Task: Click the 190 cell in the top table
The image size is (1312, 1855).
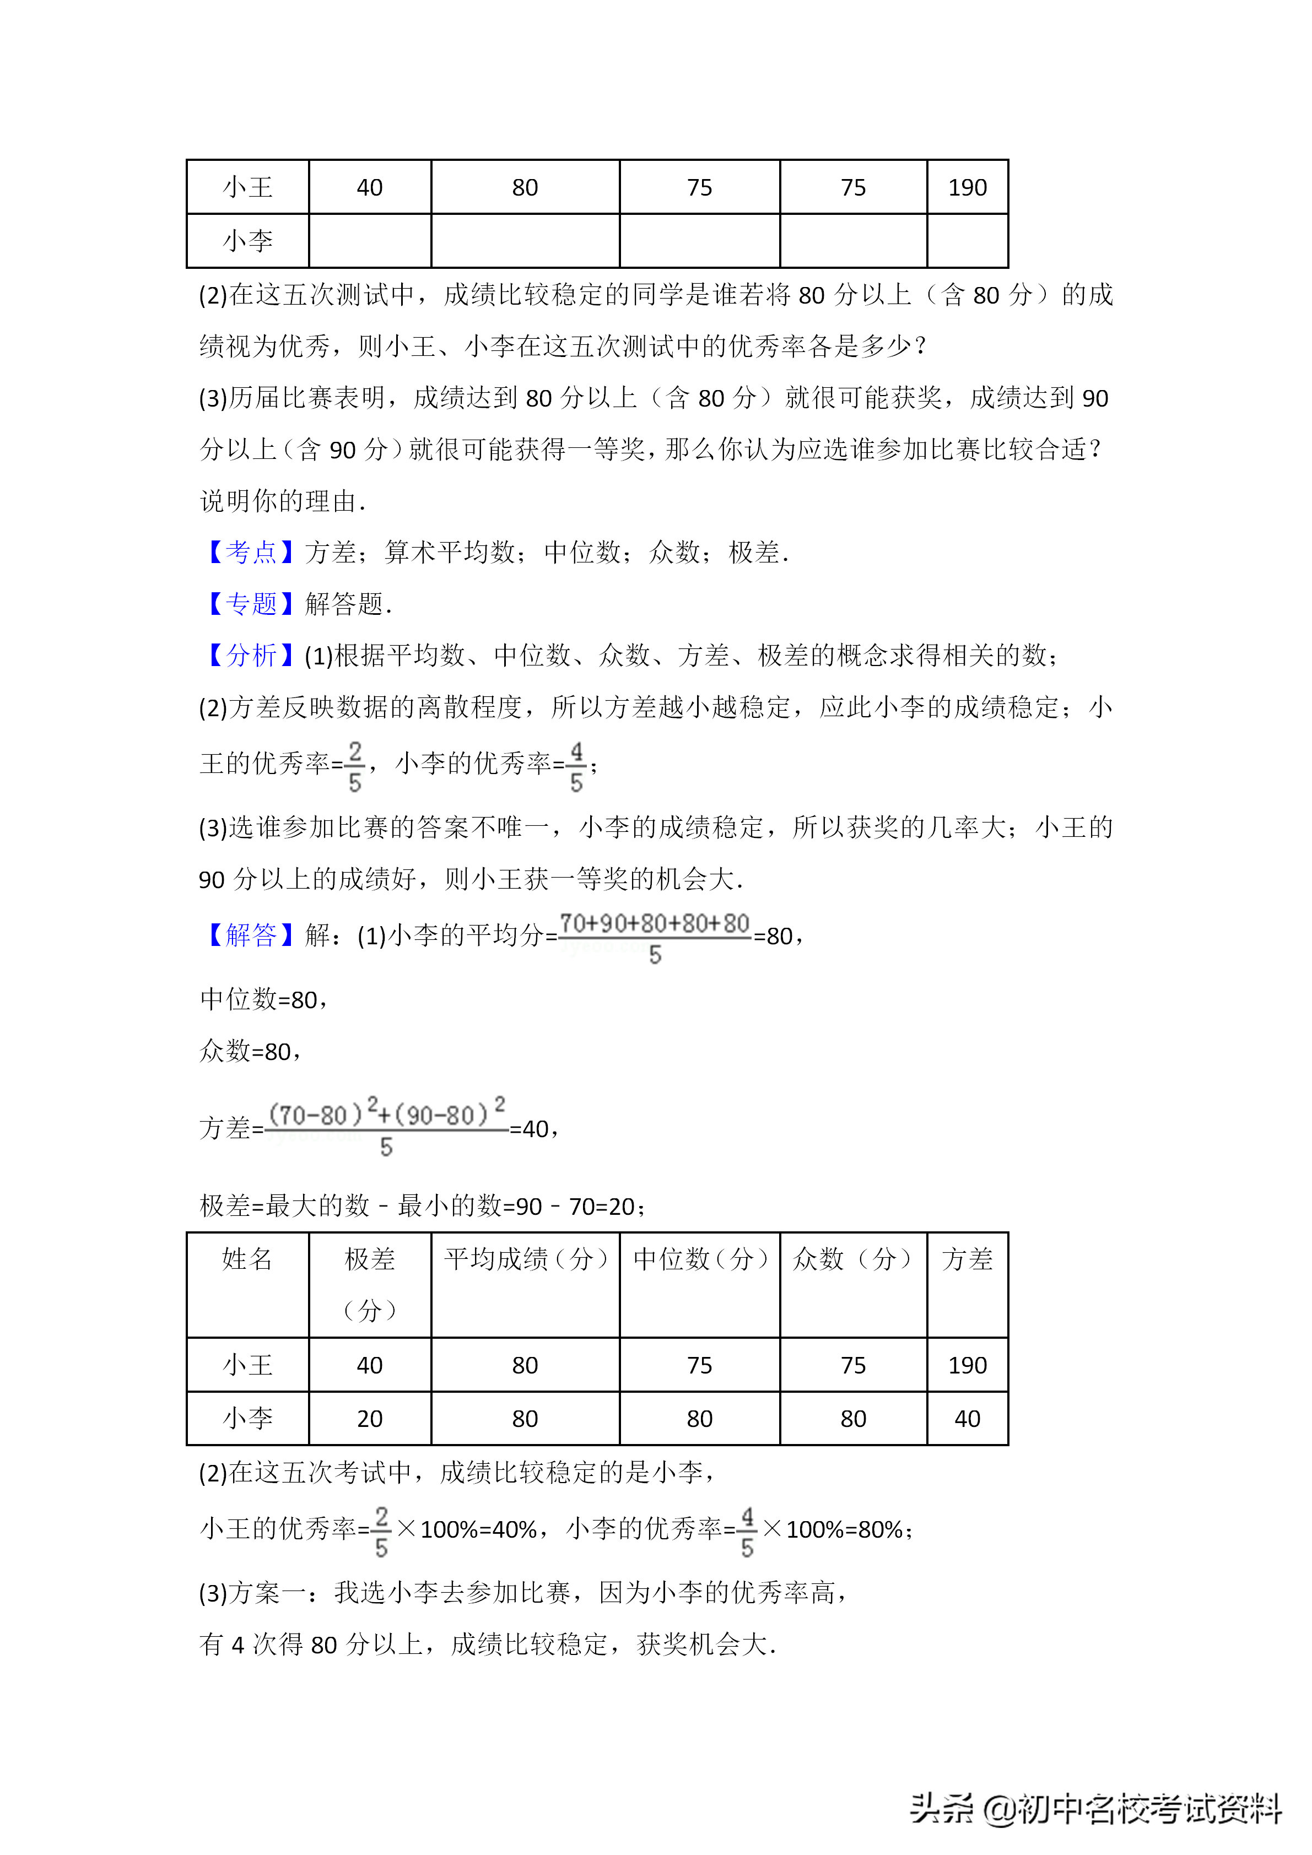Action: click(967, 187)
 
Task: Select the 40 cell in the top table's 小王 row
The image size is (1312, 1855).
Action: click(369, 187)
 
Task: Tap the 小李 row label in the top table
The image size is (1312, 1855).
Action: click(247, 241)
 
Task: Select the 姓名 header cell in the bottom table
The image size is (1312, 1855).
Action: click(247, 1259)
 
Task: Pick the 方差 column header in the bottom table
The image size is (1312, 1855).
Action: click(967, 1259)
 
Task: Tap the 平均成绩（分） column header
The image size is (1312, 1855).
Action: click(525, 1259)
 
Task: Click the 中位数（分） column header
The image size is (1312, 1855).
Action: click(700, 1259)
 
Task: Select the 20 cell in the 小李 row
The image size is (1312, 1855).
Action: click(369, 1419)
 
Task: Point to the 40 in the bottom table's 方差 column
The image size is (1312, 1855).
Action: click(967, 1419)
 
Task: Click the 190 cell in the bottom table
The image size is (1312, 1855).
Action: click(967, 1365)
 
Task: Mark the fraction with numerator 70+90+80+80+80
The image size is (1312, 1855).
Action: click(655, 937)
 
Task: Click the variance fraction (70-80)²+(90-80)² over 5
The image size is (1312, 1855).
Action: click(386, 1128)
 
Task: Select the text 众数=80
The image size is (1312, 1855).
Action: click(251, 1052)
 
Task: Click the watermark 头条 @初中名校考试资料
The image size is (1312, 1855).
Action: click(1095, 1808)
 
